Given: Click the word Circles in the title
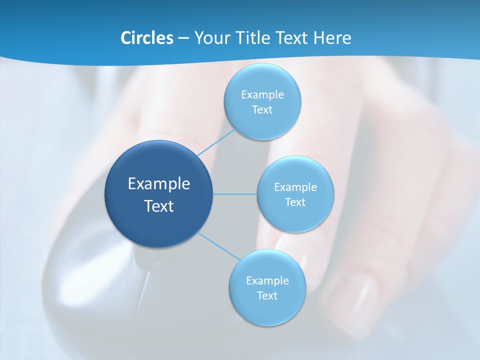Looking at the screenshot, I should [x=146, y=38].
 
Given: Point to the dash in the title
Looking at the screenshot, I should [x=183, y=38].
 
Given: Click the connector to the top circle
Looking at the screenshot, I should [x=216, y=142].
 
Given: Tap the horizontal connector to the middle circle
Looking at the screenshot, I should [x=235, y=194].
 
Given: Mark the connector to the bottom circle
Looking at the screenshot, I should [x=219, y=246].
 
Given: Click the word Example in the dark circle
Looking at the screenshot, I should [x=159, y=184].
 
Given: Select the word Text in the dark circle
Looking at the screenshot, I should [x=159, y=206].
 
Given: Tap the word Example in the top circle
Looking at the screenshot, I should [x=262, y=95].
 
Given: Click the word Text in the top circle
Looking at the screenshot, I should [x=262, y=110].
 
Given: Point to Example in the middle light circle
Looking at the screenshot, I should [x=295, y=187].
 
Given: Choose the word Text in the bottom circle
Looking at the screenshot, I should [x=267, y=295].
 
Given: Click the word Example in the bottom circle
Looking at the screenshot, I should [x=267, y=280].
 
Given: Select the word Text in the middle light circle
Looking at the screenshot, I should [x=295, y=202].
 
